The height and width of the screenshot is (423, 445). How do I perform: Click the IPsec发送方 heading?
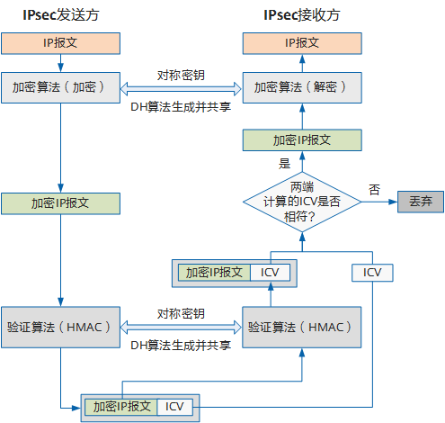[x=59, y=15]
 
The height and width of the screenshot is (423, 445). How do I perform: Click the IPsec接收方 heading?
[x=301, y=15]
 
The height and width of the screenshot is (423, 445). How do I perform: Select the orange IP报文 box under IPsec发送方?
[x=59, y=42]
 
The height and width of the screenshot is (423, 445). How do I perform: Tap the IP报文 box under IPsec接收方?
[x=301, y=42]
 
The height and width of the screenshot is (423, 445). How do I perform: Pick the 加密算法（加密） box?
[x=59, y=87]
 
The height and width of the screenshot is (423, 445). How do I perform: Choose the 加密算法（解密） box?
[x=301, y=87]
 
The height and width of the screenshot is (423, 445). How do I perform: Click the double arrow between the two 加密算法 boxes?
[x=181, y=88]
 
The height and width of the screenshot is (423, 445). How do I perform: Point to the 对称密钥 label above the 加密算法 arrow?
[x=181, y=74]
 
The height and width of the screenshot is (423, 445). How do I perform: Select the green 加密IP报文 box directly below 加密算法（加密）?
[x=59, y=203]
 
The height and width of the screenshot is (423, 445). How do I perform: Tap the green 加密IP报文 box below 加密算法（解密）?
[x=301, y=140]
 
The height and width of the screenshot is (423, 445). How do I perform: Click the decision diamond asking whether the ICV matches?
[x=301, y=202]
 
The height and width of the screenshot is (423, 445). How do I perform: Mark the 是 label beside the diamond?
[x=285, y=165]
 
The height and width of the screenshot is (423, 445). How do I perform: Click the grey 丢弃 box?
[x=421, y=202]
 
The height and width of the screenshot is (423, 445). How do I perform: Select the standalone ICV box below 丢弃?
[x=372, y=272]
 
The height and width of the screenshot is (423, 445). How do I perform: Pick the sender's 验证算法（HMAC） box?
[x=59, y=326]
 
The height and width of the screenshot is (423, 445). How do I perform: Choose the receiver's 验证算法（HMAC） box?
[x=301, y=326]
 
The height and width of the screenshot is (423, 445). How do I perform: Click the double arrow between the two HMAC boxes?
[x=181, y=327]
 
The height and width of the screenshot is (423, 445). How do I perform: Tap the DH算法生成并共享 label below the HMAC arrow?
[x=181, y=345]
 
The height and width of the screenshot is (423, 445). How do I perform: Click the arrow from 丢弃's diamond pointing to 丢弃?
[x=378, y=202]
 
